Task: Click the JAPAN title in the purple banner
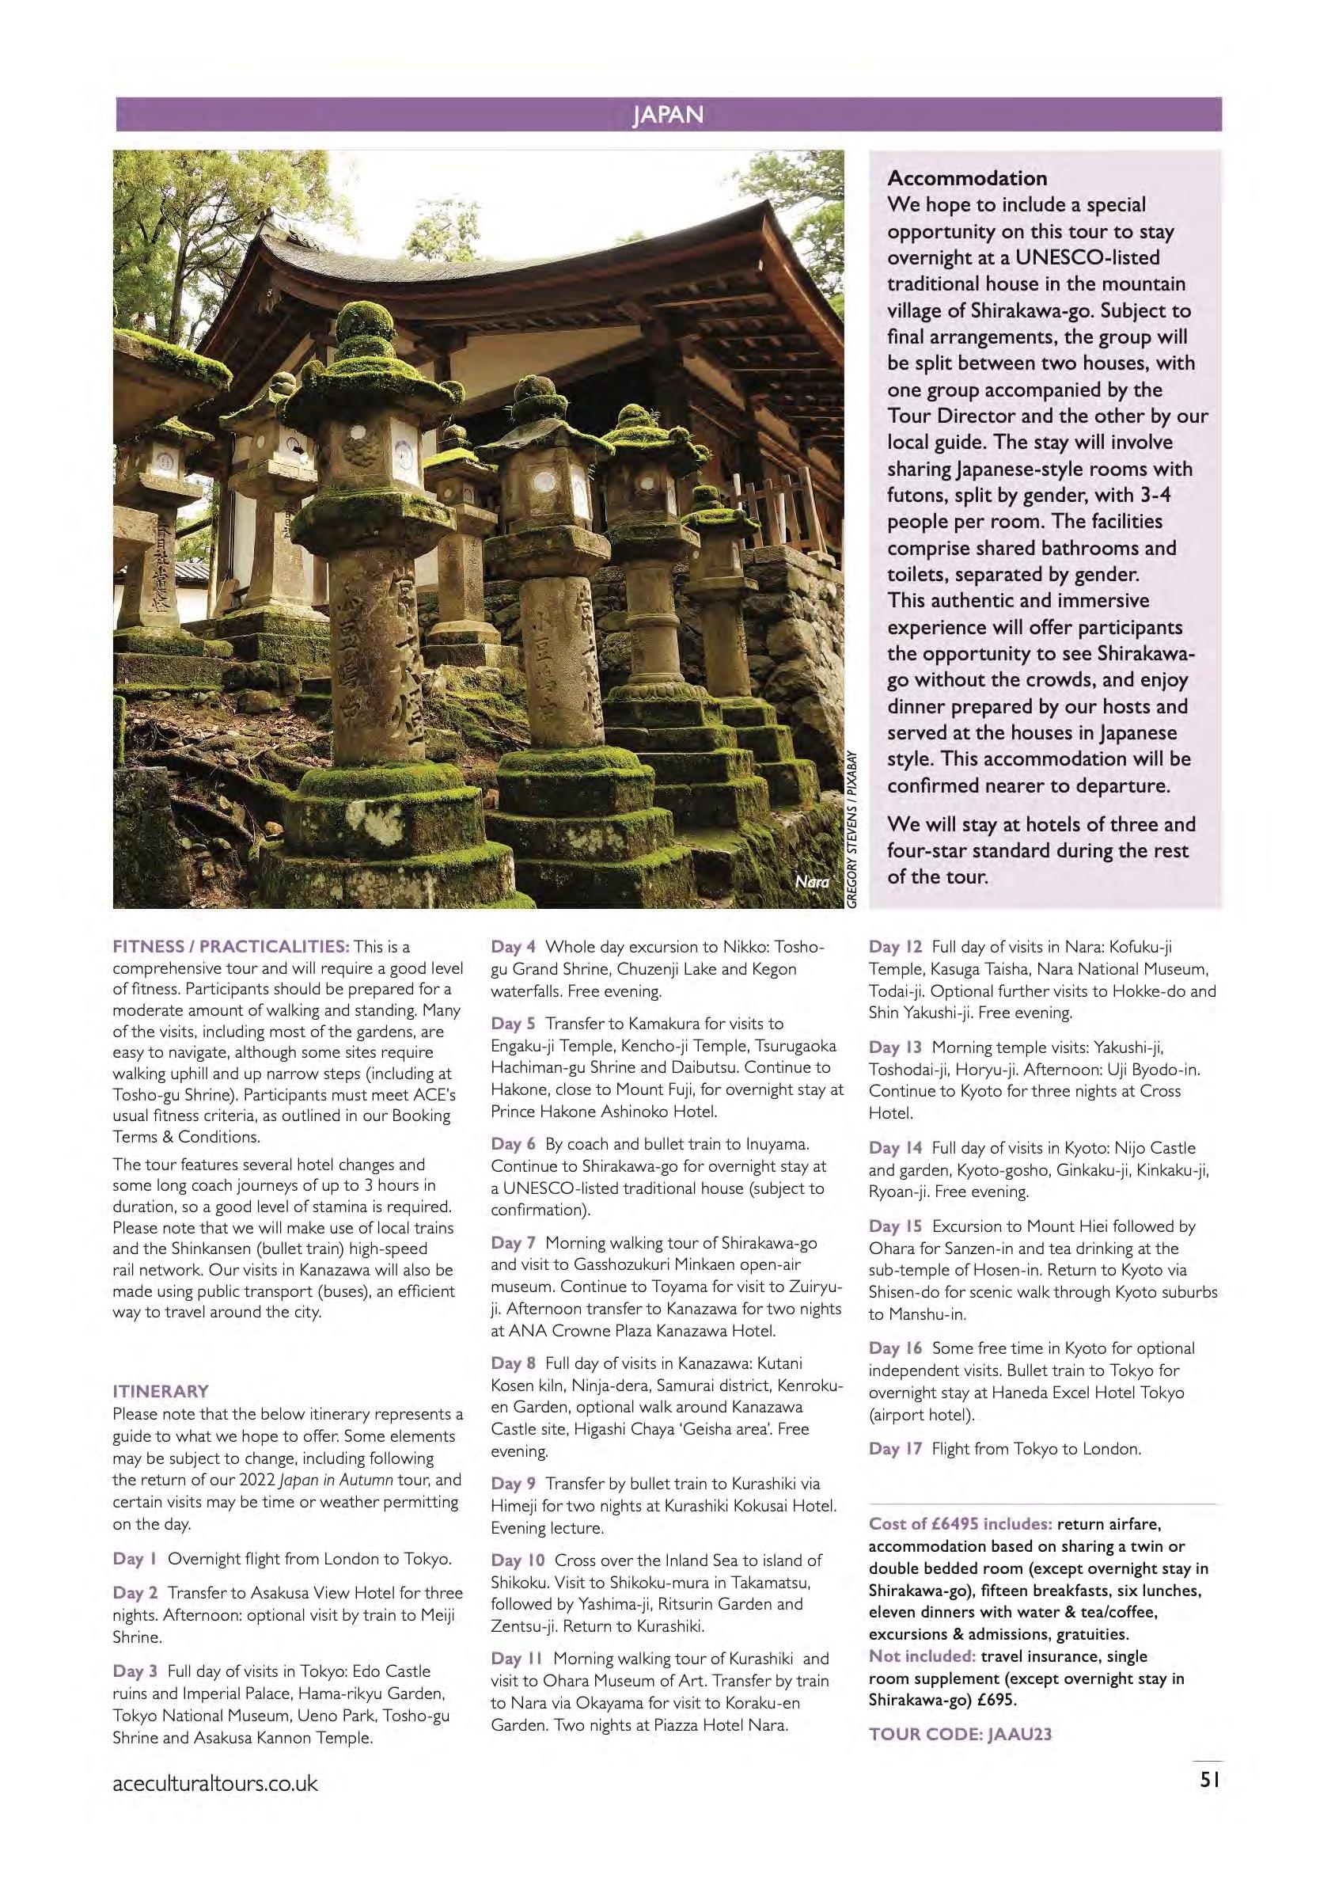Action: [668, 114]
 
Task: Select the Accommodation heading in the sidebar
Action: [967, 178]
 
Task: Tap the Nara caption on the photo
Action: [811, 882]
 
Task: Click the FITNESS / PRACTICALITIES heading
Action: [231, 946]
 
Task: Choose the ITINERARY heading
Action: [161, 1391]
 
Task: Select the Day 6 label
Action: [513, 1144]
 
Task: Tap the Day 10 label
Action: [518, 1560]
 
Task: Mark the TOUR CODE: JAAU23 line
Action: [960, 1734]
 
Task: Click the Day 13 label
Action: [895, 1047]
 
